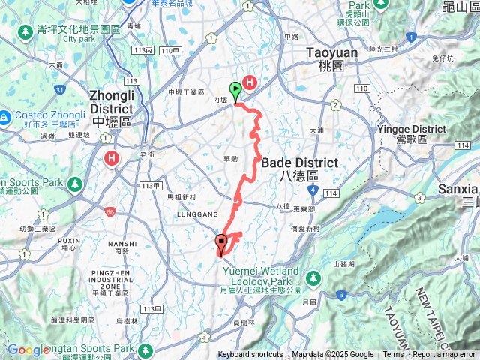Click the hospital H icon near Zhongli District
[x=112, y=158]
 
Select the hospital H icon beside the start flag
[x=250, y=83]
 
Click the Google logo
[x=28, y=349]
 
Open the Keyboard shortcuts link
[x=250, y=355]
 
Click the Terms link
[x=393, y=355]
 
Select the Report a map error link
[x=444, y=355]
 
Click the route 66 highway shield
[x=110, y=211]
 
